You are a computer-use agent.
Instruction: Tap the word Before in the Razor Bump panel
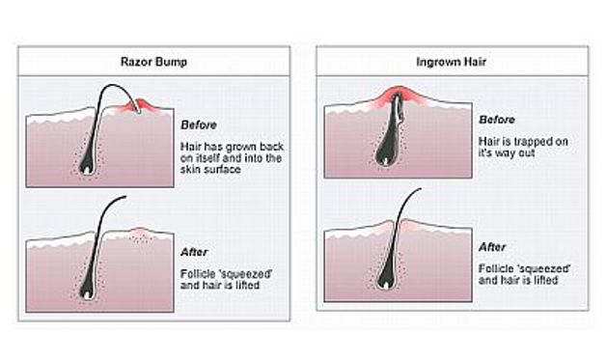pyautogui.click(x=198, y=124)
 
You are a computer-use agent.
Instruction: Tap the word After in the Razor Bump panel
pyautogui.click(x=194, y=252)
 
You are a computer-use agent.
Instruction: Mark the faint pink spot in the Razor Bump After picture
pyautogui.click(x=141, y=233)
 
